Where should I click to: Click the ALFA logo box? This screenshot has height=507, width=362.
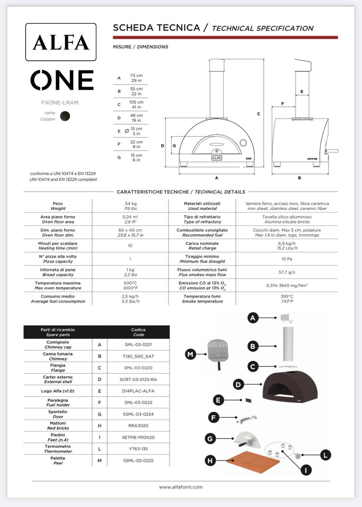pos(61,42)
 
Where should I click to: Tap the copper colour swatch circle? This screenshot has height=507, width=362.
pos(65,116)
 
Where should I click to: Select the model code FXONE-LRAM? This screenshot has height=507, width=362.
pos(60,103)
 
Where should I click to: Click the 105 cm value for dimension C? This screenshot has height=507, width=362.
pos(136,102)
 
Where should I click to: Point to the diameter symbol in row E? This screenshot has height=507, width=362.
pos(127,131)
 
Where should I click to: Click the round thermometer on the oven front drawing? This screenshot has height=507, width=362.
pos(243,143)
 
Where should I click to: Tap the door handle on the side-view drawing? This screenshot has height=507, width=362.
pos(332,151)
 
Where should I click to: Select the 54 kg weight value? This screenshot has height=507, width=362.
pos(131,204)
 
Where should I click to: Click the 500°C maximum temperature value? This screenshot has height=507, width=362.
pos(130,283)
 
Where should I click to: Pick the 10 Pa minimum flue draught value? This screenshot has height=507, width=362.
pos(287,259)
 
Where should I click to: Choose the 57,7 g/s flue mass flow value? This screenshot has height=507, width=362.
pos(287,272)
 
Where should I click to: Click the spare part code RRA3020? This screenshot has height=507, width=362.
pos(138,426)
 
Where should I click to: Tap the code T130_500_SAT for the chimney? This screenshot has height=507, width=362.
pos(138,356)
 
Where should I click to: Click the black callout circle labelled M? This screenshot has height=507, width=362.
pos(190,354)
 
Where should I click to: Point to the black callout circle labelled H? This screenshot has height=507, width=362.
pos(210,461)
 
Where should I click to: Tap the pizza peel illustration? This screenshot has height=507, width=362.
pos(218,351)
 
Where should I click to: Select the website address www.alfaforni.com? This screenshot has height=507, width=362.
pos(181,487)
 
